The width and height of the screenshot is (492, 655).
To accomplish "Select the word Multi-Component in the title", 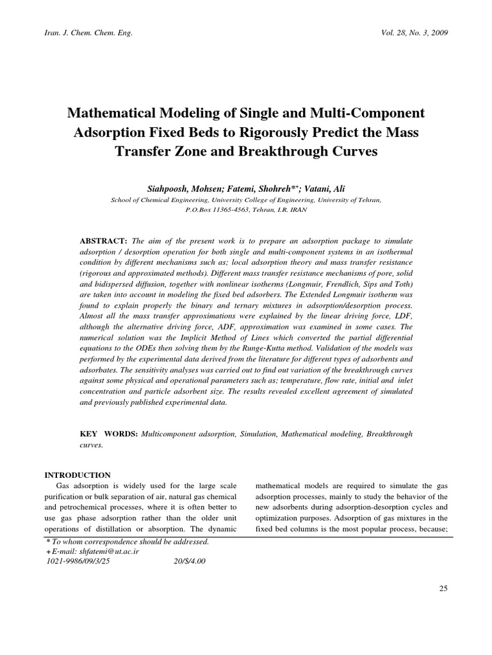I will point(367,113).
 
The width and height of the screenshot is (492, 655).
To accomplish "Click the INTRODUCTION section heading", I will point(77,475).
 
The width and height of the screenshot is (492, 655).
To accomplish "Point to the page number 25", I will point(443,589).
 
